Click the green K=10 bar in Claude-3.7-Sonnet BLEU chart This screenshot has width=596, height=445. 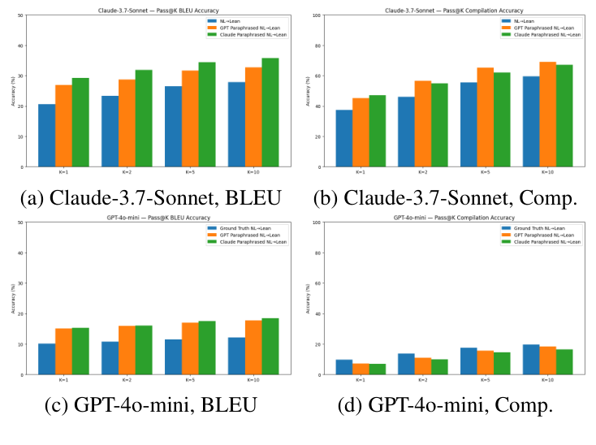(x=270, y=113)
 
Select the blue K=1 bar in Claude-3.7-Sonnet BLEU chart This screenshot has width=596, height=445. (x=46, y=136)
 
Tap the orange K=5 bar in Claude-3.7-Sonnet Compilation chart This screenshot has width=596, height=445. (x=485, y=117)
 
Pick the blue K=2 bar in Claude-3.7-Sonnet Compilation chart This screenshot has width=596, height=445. (x=405, y=132)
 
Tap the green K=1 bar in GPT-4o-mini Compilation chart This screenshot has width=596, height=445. (x=378, y=369)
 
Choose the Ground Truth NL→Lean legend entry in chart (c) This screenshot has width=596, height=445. (x=240, y=228)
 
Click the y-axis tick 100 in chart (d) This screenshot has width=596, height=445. (x=321, y=223)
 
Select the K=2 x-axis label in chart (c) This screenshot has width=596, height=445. (x=127, y=380)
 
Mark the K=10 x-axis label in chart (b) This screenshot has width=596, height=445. (x=548, y=172)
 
